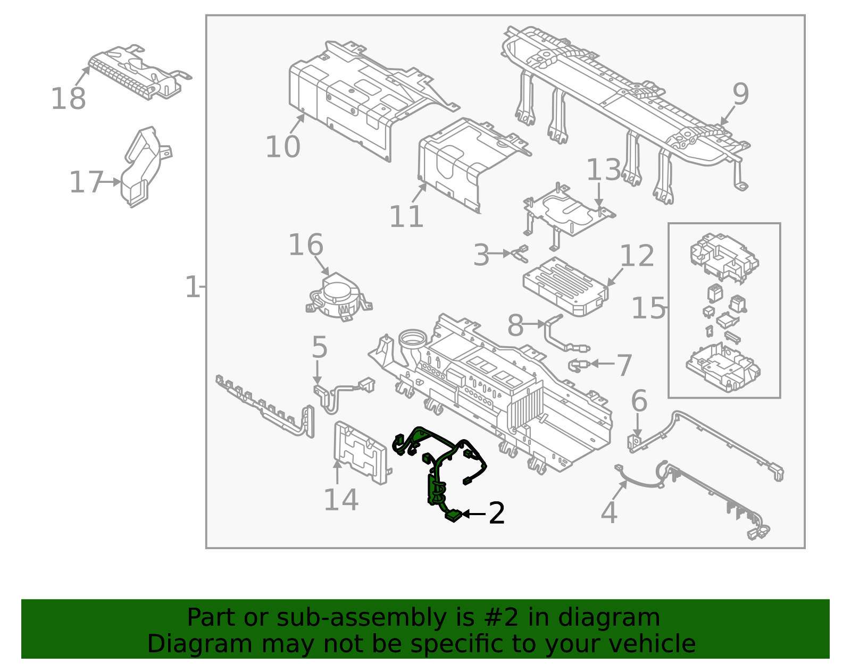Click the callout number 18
tap(68, 99)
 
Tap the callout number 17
tap(86, 182)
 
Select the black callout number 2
tap(496, 514)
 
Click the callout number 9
tap(740, 95)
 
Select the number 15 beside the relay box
tap(648, 308)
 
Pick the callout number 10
tap(283, 147)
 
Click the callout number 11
tap(406, 217)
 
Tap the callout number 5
tap(319, 348)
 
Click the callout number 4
tap(608, 513)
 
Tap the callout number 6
tap(639, 401)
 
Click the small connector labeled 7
tap(579, 365)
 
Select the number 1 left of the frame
tap(191, 287)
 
